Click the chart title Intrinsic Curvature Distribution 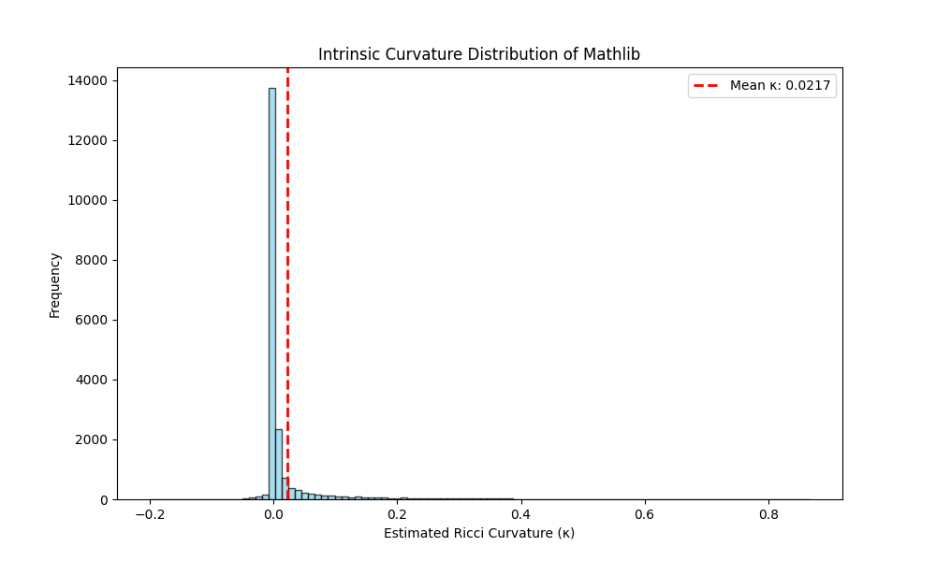coord(478,54)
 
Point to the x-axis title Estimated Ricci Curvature coord(478,533)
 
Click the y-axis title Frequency coord(55,284)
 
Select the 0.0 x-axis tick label coord(273,513)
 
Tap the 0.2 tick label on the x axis coord(397,513)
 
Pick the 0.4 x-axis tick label coord(520,513)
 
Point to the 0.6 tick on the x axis coord(644,513)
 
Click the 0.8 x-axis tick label coord(768,513)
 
